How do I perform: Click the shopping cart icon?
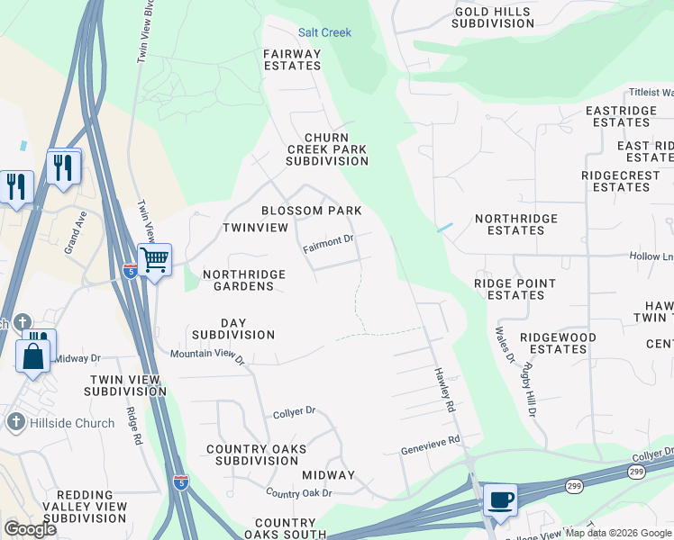pos(155,261)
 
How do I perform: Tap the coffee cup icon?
pos(500,499)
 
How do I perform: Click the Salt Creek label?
pos(324,32)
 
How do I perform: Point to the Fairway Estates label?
pos(292,59)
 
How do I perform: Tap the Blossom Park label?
pos(311,211)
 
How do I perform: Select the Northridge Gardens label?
pos(238,280)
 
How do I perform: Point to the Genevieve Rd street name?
pos(430,446)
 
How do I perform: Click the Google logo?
pos(30,529)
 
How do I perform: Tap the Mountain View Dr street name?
pos(208,355)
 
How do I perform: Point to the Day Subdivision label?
pos(232,328)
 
